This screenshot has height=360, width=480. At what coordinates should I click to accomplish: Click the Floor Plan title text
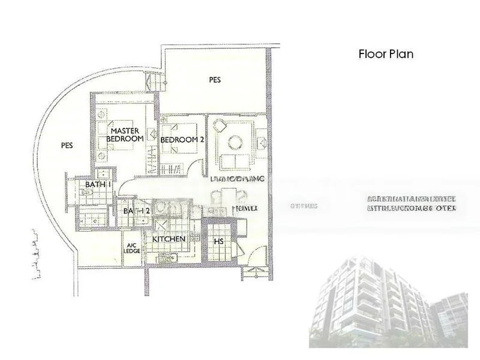tap(386, 54)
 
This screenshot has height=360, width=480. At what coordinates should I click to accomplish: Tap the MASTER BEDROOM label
tap(125, 134)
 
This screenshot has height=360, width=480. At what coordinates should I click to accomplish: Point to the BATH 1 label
tap(98, 185)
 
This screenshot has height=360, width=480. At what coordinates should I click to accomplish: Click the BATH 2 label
tap(136, 211)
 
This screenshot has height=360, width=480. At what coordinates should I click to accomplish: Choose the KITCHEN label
tap(169, 239)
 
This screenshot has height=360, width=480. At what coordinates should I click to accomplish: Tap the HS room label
tap(219, 242)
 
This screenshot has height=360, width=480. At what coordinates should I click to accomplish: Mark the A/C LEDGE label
tap(132, 249)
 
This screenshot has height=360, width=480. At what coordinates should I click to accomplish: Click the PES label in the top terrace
tap(215, 79)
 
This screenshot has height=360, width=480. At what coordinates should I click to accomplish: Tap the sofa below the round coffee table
tap(235, 161)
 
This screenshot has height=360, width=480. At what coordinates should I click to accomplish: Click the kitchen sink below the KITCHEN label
tap(169, 258)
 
